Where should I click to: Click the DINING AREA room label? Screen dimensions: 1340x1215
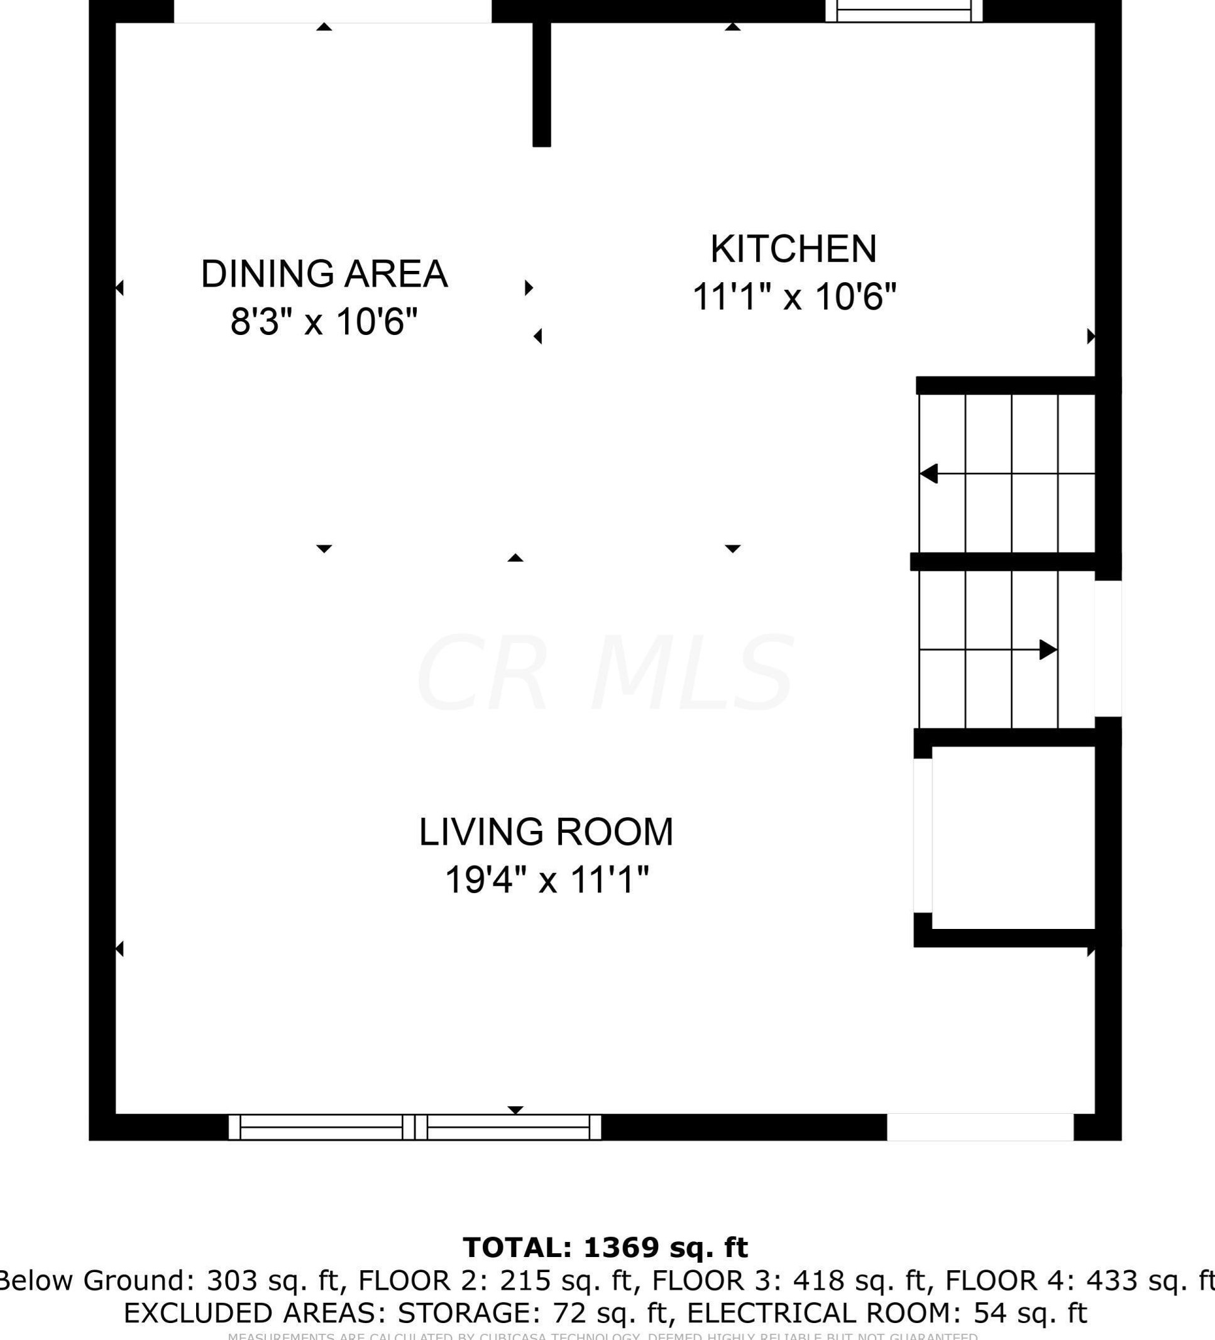pos(324,274)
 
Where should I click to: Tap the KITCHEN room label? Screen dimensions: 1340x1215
pos(794,249)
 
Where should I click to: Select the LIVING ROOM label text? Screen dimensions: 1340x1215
pos(546,832)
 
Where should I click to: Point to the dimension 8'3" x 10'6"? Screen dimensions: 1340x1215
pos(324,322)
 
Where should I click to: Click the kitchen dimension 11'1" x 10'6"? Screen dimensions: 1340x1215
pos(794,297)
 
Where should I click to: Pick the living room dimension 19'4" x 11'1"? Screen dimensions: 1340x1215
pos(546,880)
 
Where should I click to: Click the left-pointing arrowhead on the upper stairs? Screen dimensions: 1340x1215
pos(929,473)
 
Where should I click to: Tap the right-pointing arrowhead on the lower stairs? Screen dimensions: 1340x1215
pos(1048,649)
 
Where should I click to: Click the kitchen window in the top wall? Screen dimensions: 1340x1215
pos(903,11)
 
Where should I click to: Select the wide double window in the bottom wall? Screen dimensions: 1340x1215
pos(415,1128)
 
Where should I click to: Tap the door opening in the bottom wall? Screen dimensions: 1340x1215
pos(980,1128)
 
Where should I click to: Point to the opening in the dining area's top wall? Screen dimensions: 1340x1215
pos(333,11)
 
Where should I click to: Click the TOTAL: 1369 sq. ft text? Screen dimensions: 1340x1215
pos(605,1248)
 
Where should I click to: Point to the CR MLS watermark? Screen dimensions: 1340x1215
pos(605,673)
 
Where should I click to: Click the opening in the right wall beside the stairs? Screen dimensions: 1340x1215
pos(1108,649)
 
